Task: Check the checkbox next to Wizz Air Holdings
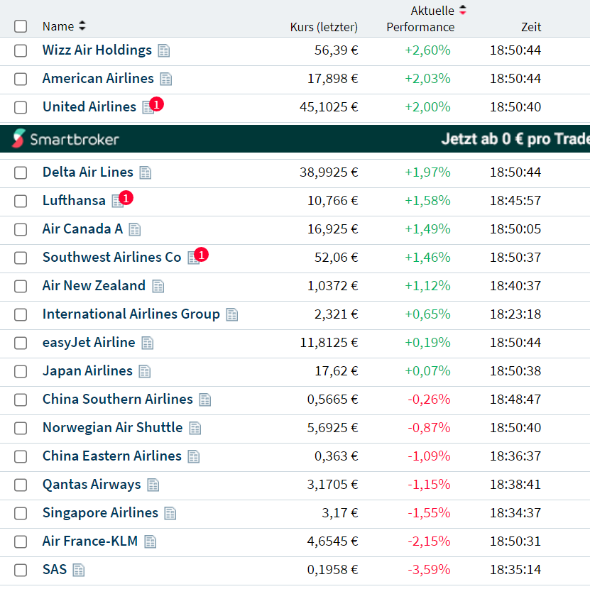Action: coord(21,50)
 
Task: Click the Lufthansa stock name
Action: coord(74,201)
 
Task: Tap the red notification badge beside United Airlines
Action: coord(157,104)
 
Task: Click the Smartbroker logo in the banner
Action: coord(65,139)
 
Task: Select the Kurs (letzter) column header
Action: coord(324,27)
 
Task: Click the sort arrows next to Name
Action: coord(82,26)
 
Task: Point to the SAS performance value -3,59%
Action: coord(429,570)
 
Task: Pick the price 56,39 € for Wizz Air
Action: coord(336,50)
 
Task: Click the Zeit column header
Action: coord(530,27)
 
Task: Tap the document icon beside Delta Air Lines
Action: coord(146,172)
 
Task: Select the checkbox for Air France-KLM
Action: coord(21,541)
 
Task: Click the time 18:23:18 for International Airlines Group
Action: coord(515,314)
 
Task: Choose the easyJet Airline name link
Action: coord(89,343)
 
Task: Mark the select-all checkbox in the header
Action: coord(21,26)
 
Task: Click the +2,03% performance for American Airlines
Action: coord(427,79)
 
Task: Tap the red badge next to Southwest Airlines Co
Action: coord(202,254)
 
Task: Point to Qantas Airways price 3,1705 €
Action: coord(332,485)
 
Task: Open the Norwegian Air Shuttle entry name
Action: coord(112,428)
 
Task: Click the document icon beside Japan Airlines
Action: coord(145,371)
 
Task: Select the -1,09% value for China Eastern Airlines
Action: coord(429,456)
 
